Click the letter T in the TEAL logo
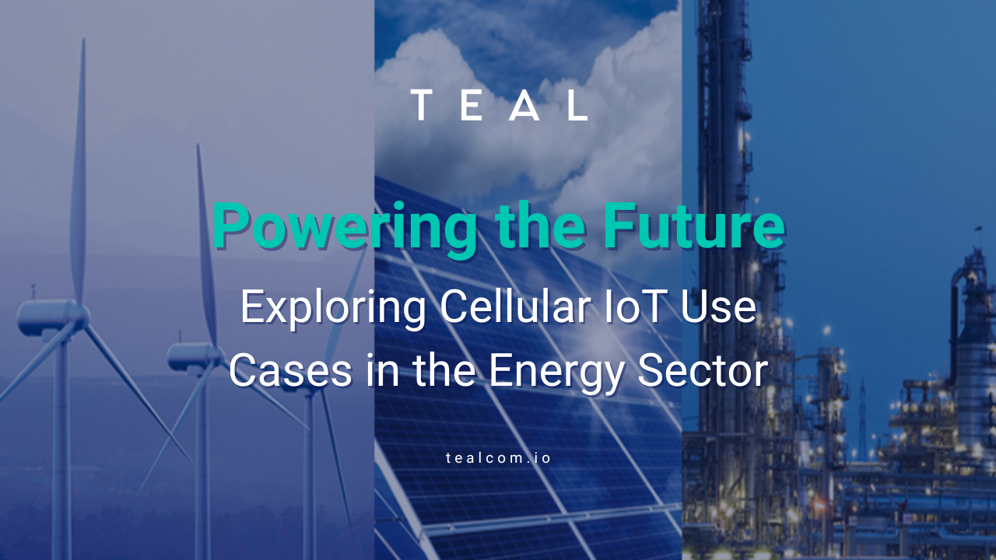point(421,105)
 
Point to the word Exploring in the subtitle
point(333,308)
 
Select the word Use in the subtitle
point(717,306)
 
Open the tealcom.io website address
point(498,458)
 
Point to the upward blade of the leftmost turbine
point(79,171)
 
